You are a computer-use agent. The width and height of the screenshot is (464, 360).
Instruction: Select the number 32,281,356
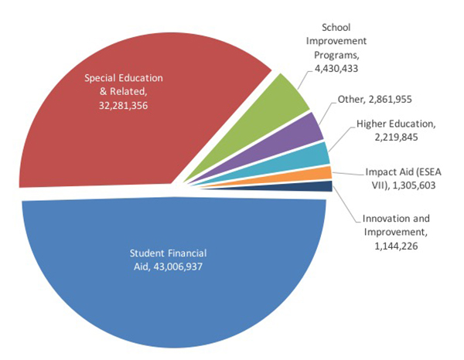coord(118,105)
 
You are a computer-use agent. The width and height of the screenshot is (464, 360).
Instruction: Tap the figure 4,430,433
coord(342,70)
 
